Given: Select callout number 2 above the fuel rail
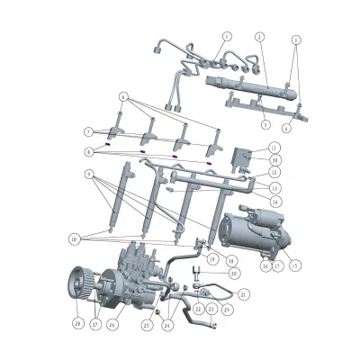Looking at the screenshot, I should click(258, 37).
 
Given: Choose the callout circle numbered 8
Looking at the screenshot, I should click(88, 152).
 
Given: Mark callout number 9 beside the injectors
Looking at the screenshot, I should click(88, 174).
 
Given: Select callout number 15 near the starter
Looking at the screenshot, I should click(295, 265).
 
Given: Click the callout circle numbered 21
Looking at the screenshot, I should click(243, 293).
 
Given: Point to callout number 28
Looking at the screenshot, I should click(78, 322).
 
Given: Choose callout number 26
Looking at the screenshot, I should click(112, 324).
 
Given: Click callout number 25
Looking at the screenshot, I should click(147, 325).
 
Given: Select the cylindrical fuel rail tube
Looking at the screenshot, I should click(243, 87).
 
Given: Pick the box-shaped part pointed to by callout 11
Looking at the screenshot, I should click(241, 159).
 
